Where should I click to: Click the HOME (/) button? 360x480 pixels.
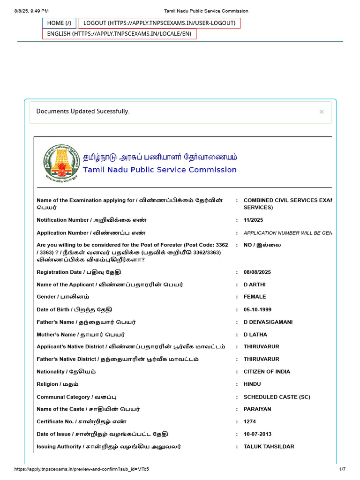pos(59,23)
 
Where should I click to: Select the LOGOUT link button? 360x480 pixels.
pos(159,23)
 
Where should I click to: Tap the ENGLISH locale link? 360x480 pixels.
pos(119,34)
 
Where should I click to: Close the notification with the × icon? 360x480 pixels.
pos(322,112)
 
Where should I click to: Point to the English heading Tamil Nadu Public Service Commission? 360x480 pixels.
pos(160,170)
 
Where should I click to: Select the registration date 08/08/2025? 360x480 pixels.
pos(257,272)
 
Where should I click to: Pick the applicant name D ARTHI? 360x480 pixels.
pos(255,285)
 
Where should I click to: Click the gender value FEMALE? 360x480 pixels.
pos(255,297)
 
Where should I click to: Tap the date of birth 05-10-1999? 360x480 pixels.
pos(257,310)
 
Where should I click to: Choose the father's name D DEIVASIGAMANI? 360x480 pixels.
pos(268,322)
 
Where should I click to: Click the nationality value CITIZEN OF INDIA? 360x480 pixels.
pos(267,372)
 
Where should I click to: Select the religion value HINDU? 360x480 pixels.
pos(253,384)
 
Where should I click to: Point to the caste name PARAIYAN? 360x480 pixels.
pos(257,409)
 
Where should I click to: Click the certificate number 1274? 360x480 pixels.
pos(250,422)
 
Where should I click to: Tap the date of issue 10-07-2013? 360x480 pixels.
pos(257,434)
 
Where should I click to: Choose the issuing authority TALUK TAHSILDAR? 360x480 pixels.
pos(269,447)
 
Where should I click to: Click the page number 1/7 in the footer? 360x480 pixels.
pos(342,469)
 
